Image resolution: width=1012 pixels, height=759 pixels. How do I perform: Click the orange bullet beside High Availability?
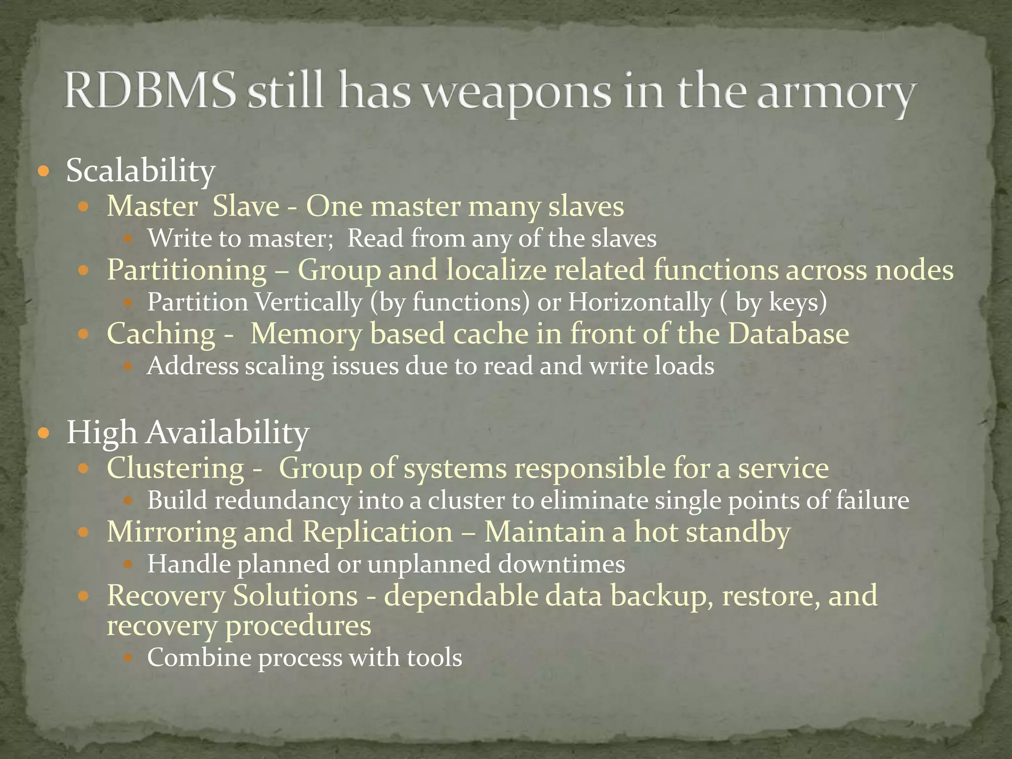44,434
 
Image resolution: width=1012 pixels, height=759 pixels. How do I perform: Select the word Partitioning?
187,271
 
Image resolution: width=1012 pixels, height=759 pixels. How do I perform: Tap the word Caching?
161,334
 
